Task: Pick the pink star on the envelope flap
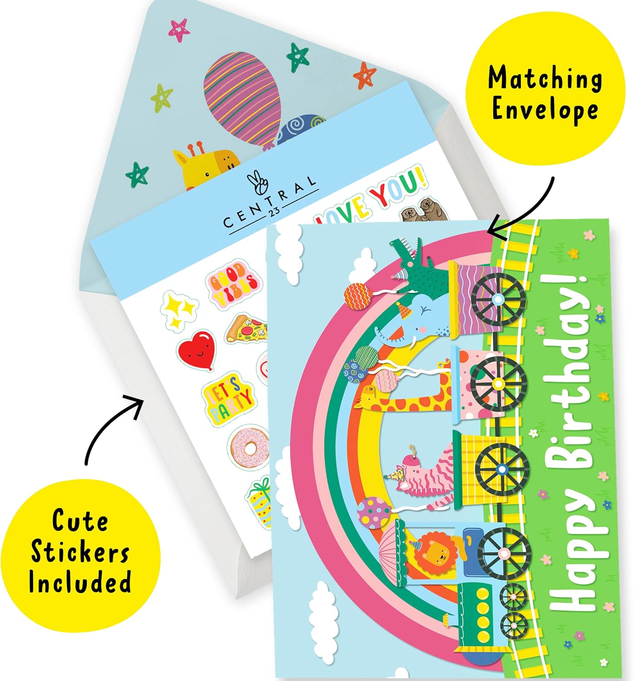click(179, 30)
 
